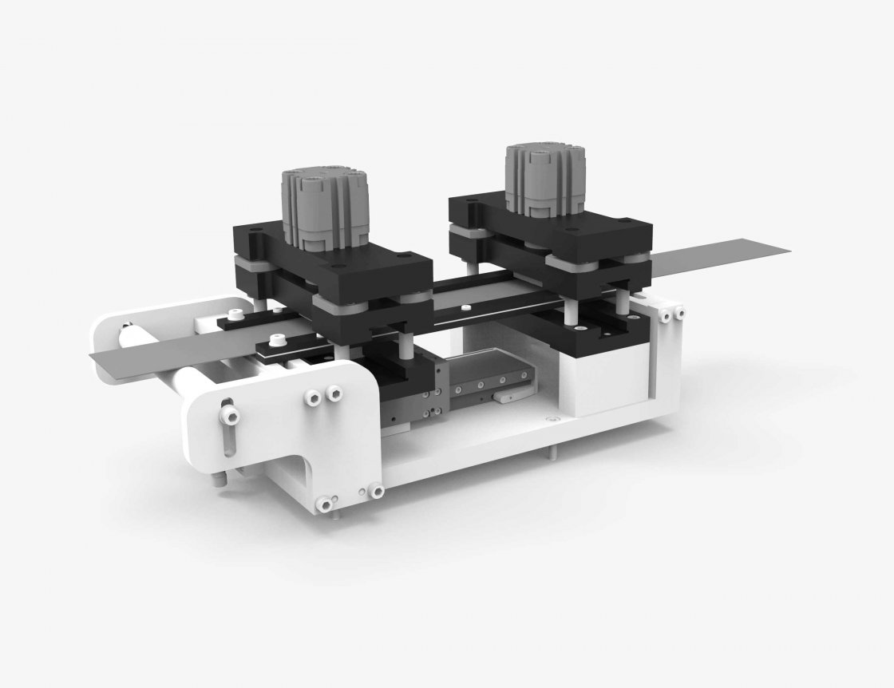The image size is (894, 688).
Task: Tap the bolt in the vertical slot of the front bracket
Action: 230,413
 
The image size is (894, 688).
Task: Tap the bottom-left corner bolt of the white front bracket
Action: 325,504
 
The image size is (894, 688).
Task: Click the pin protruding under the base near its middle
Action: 551,453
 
